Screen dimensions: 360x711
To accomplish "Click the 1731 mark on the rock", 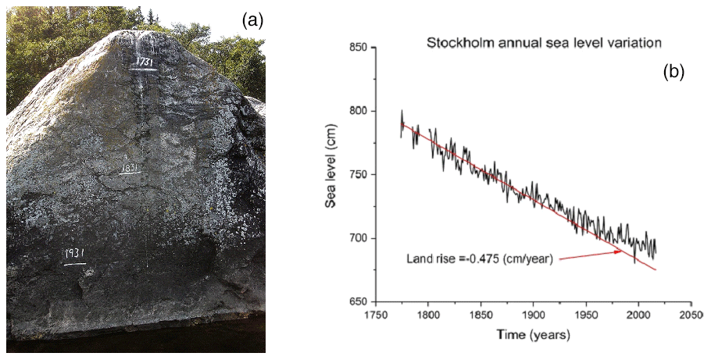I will click(x=143, y=62).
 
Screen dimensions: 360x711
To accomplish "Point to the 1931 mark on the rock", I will click(x=75, y=255).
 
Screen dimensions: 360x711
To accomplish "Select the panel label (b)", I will click(x=673, y=72).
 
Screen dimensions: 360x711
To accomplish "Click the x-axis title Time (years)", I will click(x=533, y=335).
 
